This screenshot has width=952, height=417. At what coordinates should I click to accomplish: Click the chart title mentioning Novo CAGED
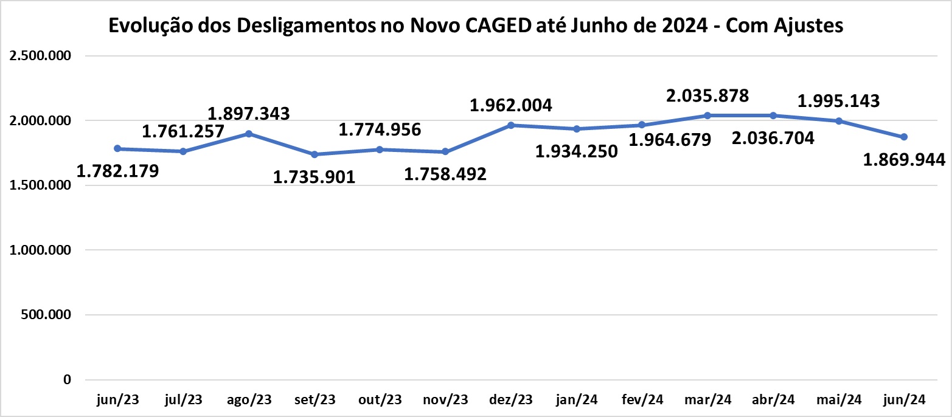click(x=475, y=26)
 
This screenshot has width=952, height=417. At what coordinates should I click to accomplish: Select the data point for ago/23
click(x=249, y=134)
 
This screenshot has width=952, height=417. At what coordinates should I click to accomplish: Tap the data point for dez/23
click(x=511, y=125)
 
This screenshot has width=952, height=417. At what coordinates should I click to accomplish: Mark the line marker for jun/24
click(x=904, y=137)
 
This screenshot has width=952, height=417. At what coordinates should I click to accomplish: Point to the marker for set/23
click(x=314, y=154)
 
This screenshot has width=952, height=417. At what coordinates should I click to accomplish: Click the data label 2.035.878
click(x=708, y=95)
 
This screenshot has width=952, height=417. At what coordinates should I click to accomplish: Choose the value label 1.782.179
click(x=118, y=171)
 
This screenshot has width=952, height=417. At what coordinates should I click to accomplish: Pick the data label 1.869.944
click(x=904, y=159)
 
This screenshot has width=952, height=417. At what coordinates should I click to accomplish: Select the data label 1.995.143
click(x=838, y=101)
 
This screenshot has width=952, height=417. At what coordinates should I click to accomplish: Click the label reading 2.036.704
click(x=773, y=138)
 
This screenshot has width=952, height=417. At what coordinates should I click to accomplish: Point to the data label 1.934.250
click(x=577, y=151)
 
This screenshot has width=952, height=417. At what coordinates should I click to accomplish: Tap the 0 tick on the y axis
click(x=68, y=380)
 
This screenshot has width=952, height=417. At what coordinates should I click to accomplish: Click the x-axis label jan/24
click(x=577, y=400)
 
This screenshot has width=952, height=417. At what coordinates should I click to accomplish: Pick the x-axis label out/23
click(x=380, y=400)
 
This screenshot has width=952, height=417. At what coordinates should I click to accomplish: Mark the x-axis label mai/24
click(x=838, y=400)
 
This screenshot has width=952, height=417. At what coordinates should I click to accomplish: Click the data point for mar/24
click(x=707, y=115)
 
